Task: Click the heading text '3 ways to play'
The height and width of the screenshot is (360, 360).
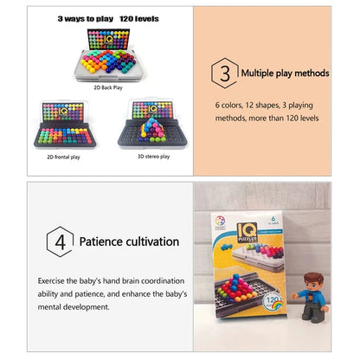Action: [x=86, y=17]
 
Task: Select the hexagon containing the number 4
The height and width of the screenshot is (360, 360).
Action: [x=59, y=241]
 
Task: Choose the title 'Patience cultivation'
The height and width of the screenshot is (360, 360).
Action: [x=131, y=241]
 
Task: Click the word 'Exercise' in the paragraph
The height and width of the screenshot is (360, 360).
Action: [x=54, y=280]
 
